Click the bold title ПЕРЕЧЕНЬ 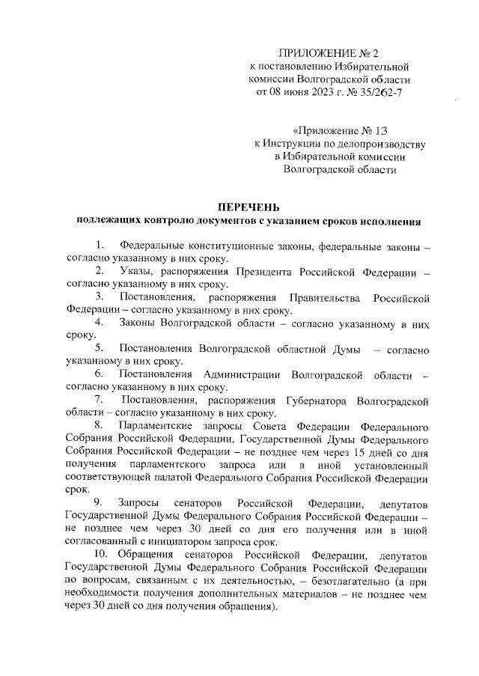tap(248, 206)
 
